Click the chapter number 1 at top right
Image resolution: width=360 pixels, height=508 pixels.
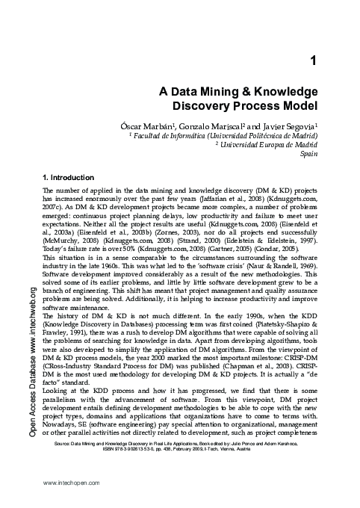pyautogui.click(x=314, y=59)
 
